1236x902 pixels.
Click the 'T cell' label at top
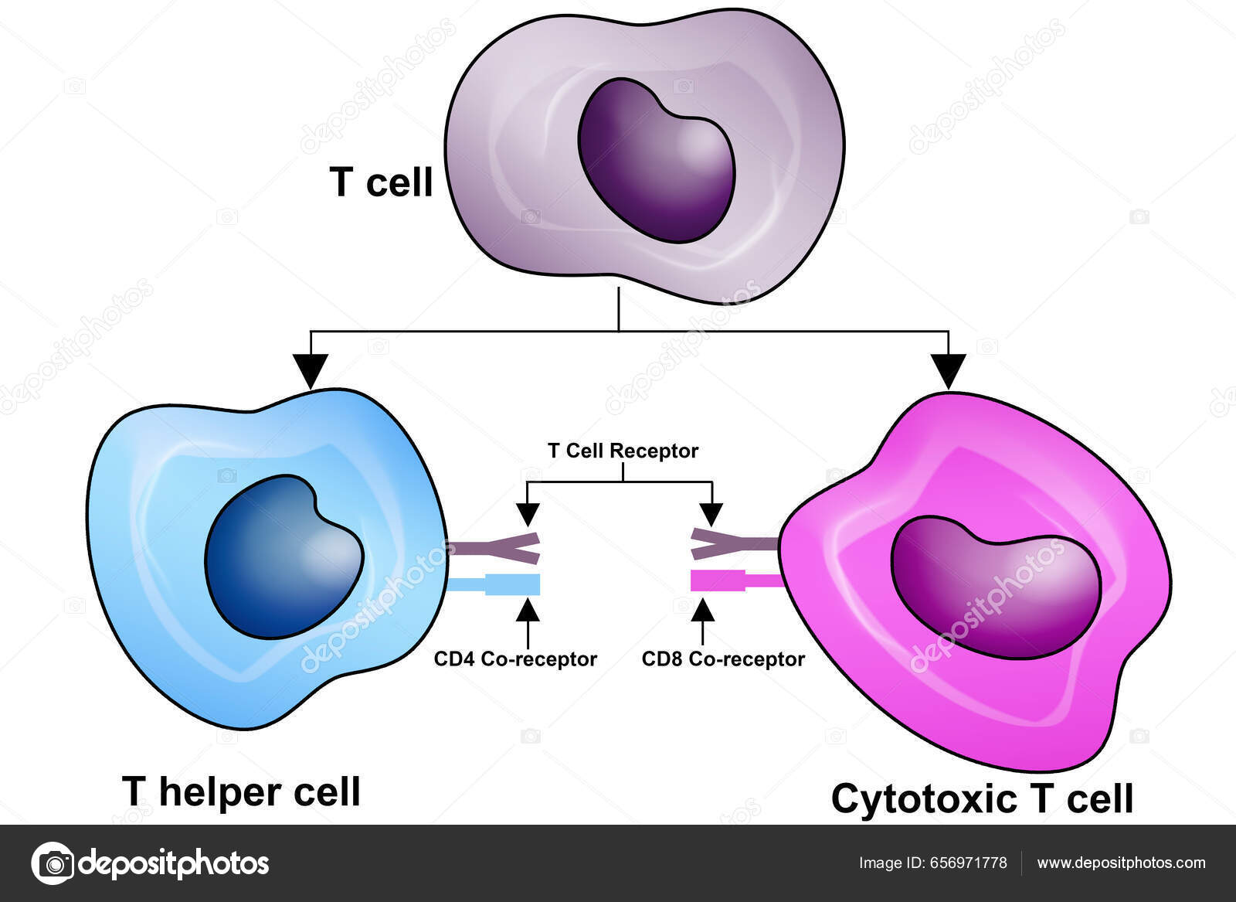coord(381,182)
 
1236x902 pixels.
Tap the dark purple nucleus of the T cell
coord(657,160)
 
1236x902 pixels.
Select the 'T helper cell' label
coord(241,791)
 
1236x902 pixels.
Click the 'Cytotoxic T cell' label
coord(982,798)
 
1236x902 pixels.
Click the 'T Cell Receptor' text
coord(623,451)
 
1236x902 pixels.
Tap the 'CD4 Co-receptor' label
coord(515,659)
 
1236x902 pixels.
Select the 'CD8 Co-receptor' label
coord(723,659)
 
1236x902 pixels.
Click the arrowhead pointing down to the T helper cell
coord(311,371)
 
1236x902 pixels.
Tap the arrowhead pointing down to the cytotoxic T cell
coord(949,371)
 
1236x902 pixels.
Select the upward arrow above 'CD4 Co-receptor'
coord(528,614)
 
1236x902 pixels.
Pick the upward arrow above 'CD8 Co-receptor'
coord(702,614)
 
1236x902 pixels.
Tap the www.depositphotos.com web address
coord(1121,863)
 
